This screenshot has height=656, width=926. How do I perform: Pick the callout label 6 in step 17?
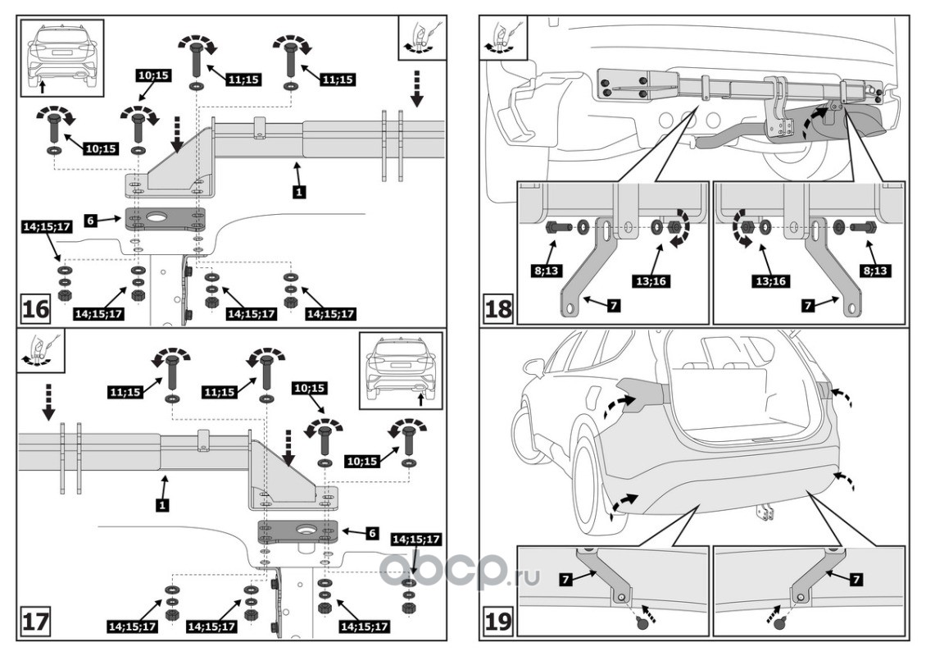372,533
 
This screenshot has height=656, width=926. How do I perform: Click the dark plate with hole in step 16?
165,220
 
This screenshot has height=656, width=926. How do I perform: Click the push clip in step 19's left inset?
642,623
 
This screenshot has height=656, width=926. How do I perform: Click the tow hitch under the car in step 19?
766,511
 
